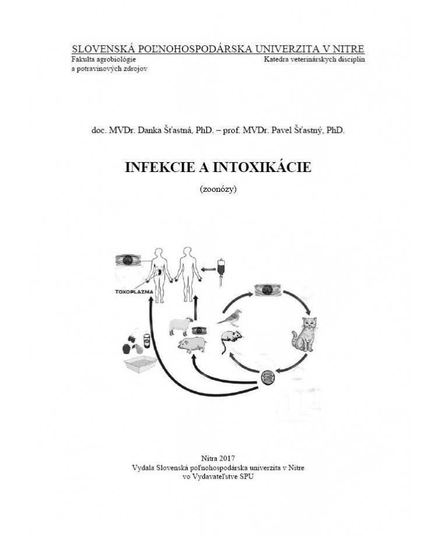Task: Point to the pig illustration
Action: (193, 345)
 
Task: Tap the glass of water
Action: (147, 339)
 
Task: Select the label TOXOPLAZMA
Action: (131, 289)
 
